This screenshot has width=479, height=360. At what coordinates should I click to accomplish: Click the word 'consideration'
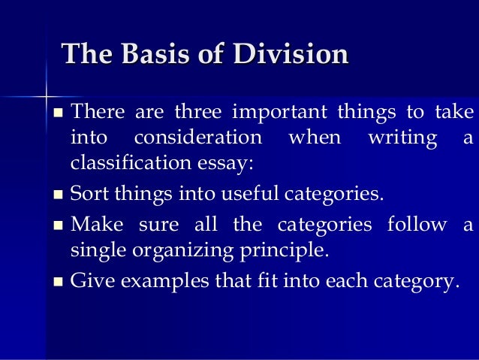[198, 138]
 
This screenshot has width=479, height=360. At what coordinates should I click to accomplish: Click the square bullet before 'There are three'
[59, 115]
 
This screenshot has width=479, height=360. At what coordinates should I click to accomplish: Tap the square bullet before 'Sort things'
[59, 195]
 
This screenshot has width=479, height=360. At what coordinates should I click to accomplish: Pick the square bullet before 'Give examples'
[59, 283]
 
